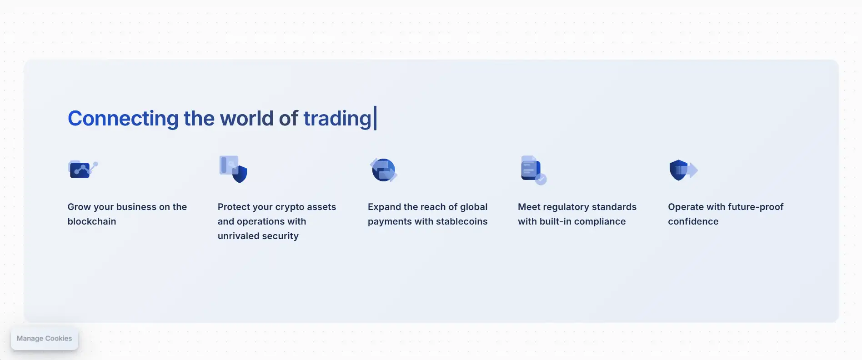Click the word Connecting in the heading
click(123, 119)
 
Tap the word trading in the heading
click(338, 119)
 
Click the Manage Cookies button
click(45, 339)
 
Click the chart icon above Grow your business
click(83, 169)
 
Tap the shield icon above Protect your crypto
click(233, 169)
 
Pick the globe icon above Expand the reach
click(384, 170)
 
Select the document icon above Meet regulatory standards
click(533, 170)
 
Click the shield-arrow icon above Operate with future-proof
click(683, 170)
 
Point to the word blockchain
click(92, 221)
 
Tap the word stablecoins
click(462, 221)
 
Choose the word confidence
click(693, 221)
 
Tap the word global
click(474, 207)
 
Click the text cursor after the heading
click(375, 118)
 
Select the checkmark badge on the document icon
click(541, 180)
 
